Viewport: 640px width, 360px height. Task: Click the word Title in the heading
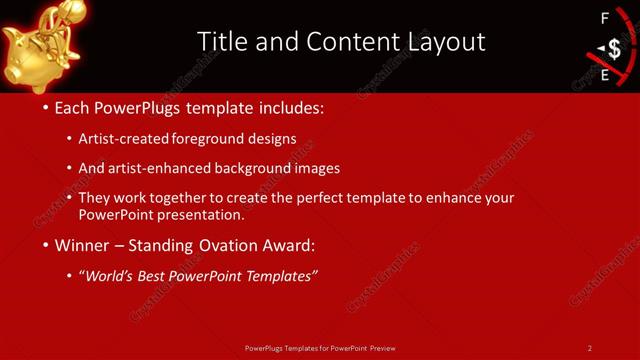[221, 41]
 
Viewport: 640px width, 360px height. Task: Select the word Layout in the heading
[440, 41]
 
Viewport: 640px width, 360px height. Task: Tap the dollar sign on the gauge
[613, 49]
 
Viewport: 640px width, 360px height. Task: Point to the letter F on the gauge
[604, 18]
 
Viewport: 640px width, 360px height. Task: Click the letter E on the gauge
[604, 75]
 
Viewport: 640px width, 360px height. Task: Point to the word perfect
[321, 198]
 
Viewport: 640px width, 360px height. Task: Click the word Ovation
[245, 244]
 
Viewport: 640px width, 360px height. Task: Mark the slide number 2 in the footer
[590, 348]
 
